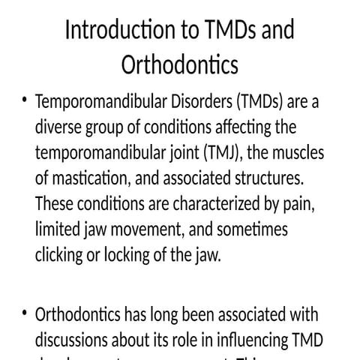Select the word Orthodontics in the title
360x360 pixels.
[x=180, y=65]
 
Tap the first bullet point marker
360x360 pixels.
[x=25, y=101]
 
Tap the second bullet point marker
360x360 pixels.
[x=25, y=313]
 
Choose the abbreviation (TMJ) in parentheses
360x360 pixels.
[x=223, y=153]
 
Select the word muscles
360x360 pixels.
[x=297, y=153]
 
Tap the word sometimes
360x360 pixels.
[x=251, y=229]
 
